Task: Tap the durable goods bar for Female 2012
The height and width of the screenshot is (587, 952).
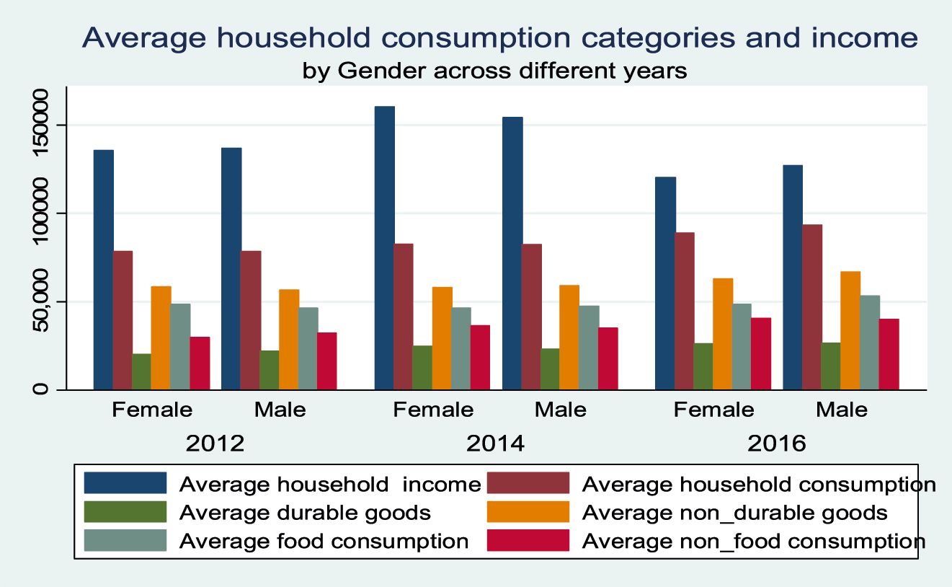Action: [142, 371]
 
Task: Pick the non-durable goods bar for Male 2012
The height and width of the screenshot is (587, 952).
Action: [289, 339]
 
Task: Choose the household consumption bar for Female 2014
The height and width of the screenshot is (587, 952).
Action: [404, 317]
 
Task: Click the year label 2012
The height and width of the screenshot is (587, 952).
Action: [215, 443]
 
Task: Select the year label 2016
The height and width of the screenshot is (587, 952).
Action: [777, 443]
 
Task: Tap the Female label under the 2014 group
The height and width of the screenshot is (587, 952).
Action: [433, 410]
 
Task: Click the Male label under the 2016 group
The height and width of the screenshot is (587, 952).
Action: [842, 410]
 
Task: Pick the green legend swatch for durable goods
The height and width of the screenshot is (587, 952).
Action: [125, 512]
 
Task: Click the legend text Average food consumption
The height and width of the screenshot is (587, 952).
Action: [324, 541]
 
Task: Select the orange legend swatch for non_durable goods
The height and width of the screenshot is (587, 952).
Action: [528, 512]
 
